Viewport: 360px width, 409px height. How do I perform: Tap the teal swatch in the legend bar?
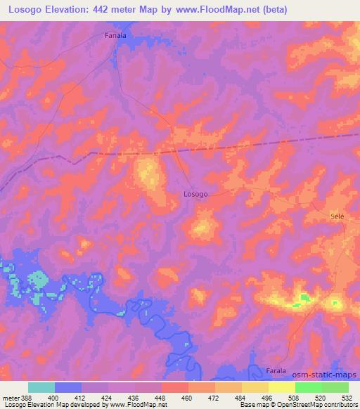pyautogui.click(x=41, y=387)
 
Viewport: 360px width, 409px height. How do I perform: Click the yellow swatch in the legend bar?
pyautogui.click(x=281, y=387)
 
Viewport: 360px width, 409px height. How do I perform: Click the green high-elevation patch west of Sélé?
pyautogui.click(x=304, y=299)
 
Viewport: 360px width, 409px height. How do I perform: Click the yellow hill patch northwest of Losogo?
pyautogui.click(x=148, y=173)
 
